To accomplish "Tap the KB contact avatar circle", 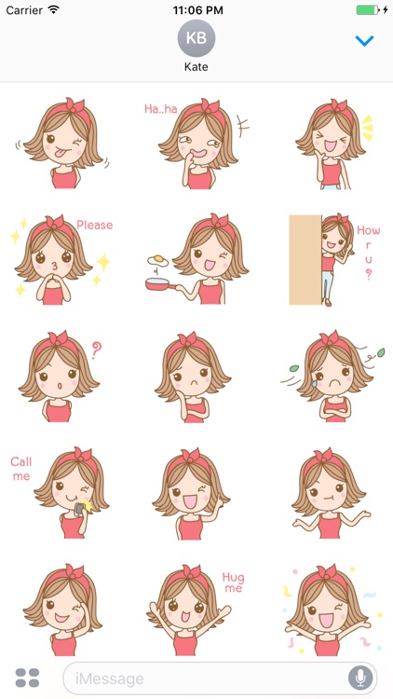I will pyautogui.click(x=196, y=38).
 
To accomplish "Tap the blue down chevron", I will pyautogui.click(x=364, y=41).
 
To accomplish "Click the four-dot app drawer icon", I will pyautogui.click(x=28, y=678).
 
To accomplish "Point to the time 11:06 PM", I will pyautogui.click(x=196, y=9).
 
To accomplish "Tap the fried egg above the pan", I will pyautogui.click(x=158, y=259).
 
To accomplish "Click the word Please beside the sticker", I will pyautogui.click(x=94, y=225).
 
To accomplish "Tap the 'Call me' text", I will pyautogui.click(x=20, y=469).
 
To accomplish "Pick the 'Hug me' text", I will pyautogui.click(x=233, y=582).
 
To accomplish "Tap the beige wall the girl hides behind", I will pyautogui.click(x=305, y=260).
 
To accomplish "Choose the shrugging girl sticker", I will pyautogui.click(x=331, y=494).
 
